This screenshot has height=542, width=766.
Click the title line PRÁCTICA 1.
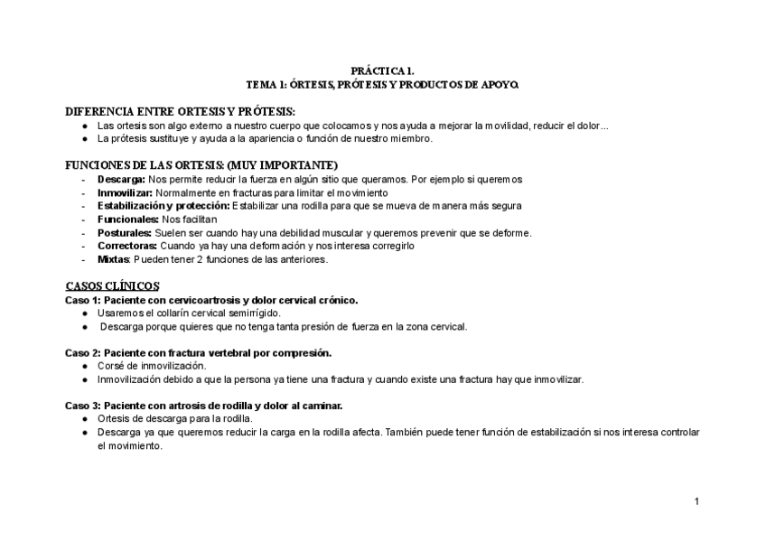[382, 70]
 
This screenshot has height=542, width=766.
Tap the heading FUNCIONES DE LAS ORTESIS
[201, 165]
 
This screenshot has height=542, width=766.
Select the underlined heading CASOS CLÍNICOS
[113, 285]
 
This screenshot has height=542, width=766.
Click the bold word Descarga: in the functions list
[122, 180]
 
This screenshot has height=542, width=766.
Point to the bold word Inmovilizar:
[126, 193]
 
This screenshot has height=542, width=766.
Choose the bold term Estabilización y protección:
[163, 206]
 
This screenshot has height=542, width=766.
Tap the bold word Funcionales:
[127, 220]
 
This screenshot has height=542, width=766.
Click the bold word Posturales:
[125, 233]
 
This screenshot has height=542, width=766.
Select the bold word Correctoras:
[127, 246]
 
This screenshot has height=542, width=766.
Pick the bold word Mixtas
[114, 259]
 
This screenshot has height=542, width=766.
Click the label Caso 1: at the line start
[83, 300]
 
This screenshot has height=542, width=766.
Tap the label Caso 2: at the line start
[83, 352]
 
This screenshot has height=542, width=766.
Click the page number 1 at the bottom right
[696, 501]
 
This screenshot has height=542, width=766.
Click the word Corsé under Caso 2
[110, 366]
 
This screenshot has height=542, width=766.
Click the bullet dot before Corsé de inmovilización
[85, 366]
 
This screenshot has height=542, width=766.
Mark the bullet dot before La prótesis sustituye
[85, 139]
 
